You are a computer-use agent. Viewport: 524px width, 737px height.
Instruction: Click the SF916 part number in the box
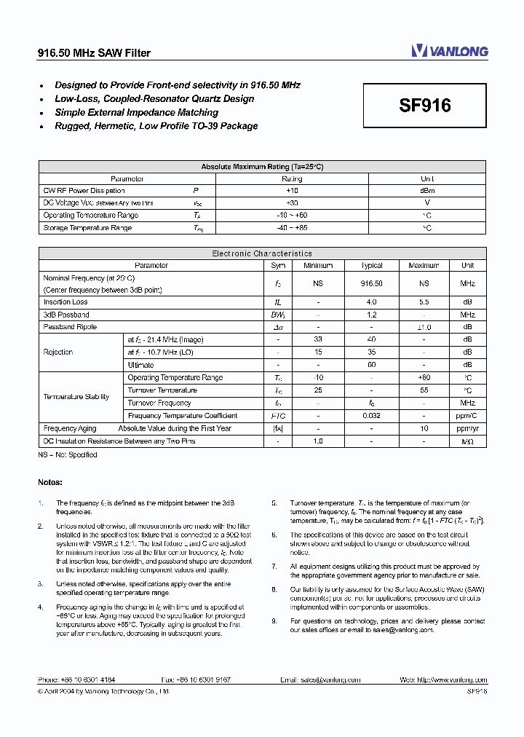[x=425, y=106]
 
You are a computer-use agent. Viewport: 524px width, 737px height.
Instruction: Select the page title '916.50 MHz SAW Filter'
[x=94, y=53]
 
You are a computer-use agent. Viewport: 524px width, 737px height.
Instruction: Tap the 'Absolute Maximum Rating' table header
[x=262, y=167]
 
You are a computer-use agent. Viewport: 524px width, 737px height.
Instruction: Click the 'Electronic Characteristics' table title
[x=262, y=253]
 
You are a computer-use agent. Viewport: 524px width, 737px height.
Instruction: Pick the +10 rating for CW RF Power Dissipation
[x=292, y=191]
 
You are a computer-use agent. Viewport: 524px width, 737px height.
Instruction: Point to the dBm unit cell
[x=427, y=191]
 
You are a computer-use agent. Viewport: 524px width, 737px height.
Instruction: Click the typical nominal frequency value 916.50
[x=371, y=283]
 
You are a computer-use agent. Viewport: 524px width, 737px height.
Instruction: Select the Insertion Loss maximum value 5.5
[x=424, y=301]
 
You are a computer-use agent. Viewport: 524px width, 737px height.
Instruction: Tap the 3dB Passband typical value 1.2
[x=371, y=315]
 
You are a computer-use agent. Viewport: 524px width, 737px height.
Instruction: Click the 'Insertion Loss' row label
[x=65, y=301]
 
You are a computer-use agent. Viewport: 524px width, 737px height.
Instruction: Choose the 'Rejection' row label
[x=58, y=352]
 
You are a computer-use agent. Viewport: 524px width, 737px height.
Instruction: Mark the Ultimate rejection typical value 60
[x=371, y=365]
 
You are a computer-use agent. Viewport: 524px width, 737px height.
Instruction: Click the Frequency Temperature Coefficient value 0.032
[x=371, y=416]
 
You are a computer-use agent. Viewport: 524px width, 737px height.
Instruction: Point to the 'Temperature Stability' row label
[x=76, y=397]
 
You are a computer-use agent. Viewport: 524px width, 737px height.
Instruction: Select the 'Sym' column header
[x=277, y=266]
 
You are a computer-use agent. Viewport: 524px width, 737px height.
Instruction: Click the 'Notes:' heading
[x=50, y=482]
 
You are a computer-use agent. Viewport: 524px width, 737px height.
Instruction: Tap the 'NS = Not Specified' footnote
[x=68, y=454]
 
